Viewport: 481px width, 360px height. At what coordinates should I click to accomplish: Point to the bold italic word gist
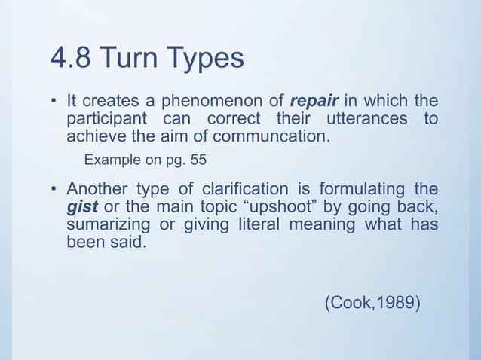click(81, 209)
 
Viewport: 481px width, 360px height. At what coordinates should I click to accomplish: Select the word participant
click(106, 121)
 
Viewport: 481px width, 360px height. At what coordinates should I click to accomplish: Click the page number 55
click(199, 160)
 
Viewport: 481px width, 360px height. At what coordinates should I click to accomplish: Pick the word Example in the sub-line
click(110, 160)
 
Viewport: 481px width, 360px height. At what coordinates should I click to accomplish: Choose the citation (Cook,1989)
click(372, 302)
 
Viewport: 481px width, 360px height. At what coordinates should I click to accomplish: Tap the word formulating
click(364, 191)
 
